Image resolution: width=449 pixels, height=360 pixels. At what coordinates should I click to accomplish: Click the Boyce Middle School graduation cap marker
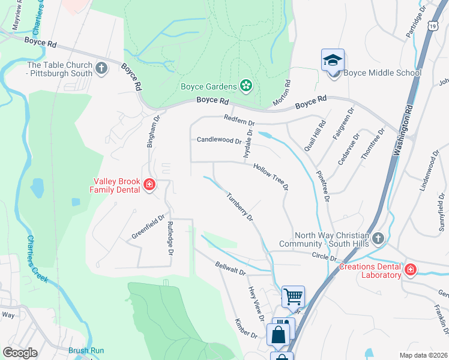tap(333, 60)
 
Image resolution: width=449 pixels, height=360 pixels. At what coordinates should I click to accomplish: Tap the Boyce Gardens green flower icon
tap(246, 86)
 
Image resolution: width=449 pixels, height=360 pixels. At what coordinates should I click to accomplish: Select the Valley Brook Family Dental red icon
tap(149, 186)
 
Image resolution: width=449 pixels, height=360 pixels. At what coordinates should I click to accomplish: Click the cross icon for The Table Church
tap(101, 69)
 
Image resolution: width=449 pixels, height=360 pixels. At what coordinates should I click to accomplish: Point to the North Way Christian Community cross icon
tap(378, 239)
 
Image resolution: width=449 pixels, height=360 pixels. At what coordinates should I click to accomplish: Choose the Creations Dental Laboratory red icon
tap(411, 270)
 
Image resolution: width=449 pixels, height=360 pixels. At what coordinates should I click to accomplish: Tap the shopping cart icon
tap(293, 295)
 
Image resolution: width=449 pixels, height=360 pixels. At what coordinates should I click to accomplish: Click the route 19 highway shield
tap(433, 26)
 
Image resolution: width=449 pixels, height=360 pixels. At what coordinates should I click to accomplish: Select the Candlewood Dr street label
tap(219, 140)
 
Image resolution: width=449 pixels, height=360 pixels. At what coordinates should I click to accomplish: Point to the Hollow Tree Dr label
tap(271, 177)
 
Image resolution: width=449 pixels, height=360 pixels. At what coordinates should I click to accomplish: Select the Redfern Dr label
tap(240, 120)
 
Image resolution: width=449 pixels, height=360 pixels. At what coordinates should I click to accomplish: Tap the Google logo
tap(20, 352)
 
